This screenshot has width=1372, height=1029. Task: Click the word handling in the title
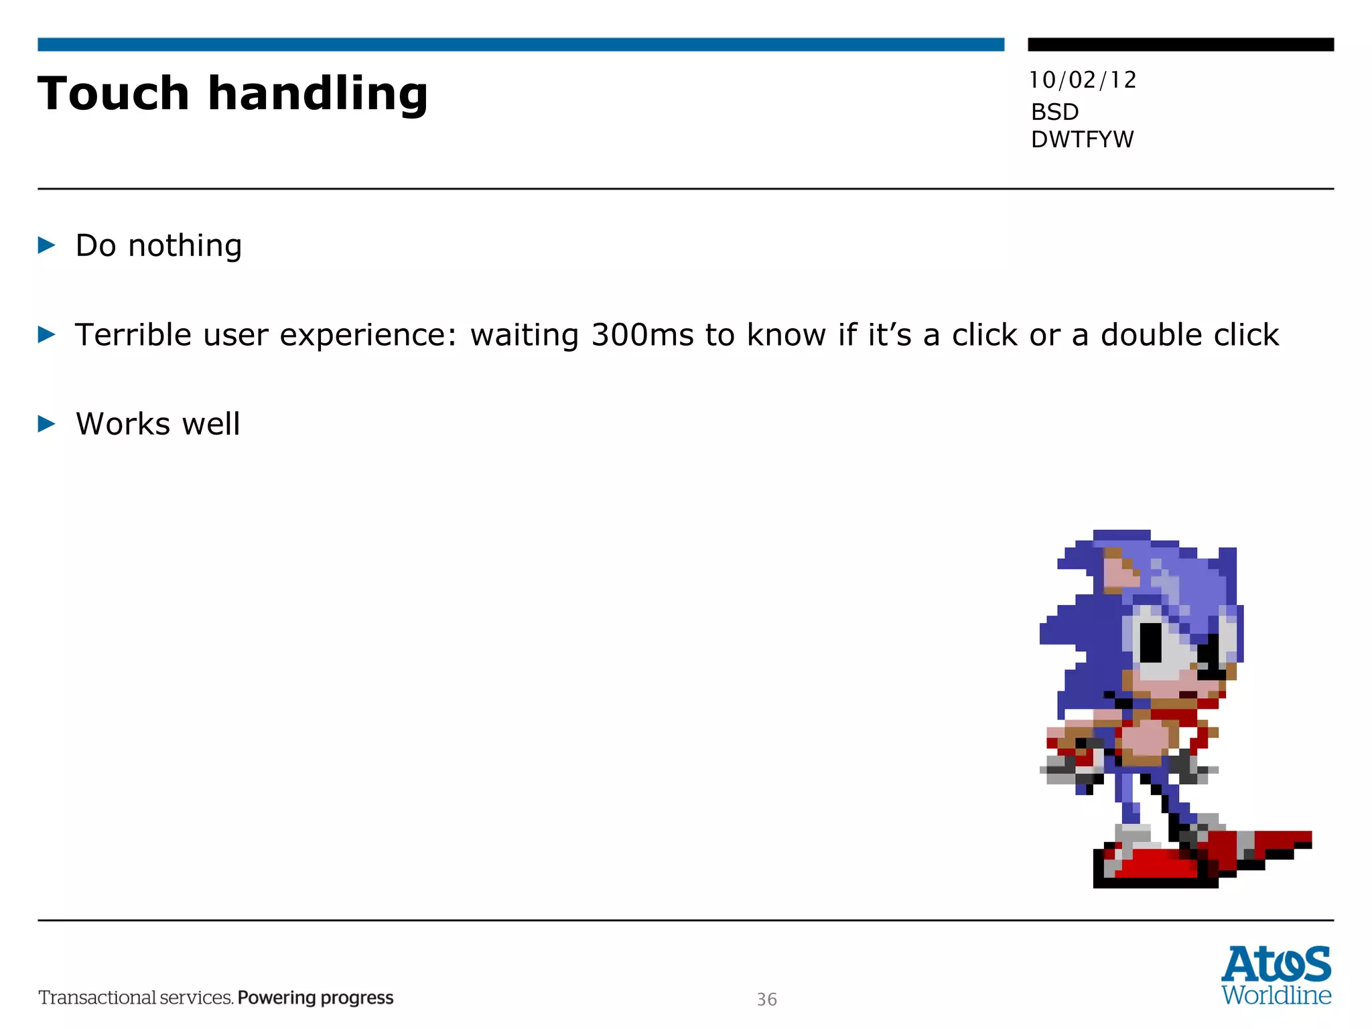[x=318, y=94]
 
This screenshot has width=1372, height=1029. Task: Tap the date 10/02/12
[x=1083, y=80]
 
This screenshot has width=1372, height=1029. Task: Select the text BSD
[x=1054, y=112]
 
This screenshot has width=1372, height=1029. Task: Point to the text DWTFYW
[x=1082, y=139]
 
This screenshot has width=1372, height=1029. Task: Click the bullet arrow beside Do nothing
[x=46, y=245]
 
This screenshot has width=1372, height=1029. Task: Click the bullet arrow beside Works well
[x=46, y=423]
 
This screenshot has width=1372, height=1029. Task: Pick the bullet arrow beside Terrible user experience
[x=46, y=334]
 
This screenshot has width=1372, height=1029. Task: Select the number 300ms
[x=642, y=335]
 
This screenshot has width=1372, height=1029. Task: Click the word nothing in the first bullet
[x=185, y=246]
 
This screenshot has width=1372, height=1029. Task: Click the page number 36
[x=766, y=1000]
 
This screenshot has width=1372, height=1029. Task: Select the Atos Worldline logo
[x=1276, y=975]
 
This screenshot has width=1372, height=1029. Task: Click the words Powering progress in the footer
[x=316, y=998]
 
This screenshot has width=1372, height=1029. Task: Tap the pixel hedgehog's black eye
[x=1150, y=642]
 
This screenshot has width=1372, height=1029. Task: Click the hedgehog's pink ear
[x=1117, y=573]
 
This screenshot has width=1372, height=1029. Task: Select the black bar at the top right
[x=1180, y=44]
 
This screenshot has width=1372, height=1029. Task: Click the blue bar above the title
[x=521, y=44]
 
